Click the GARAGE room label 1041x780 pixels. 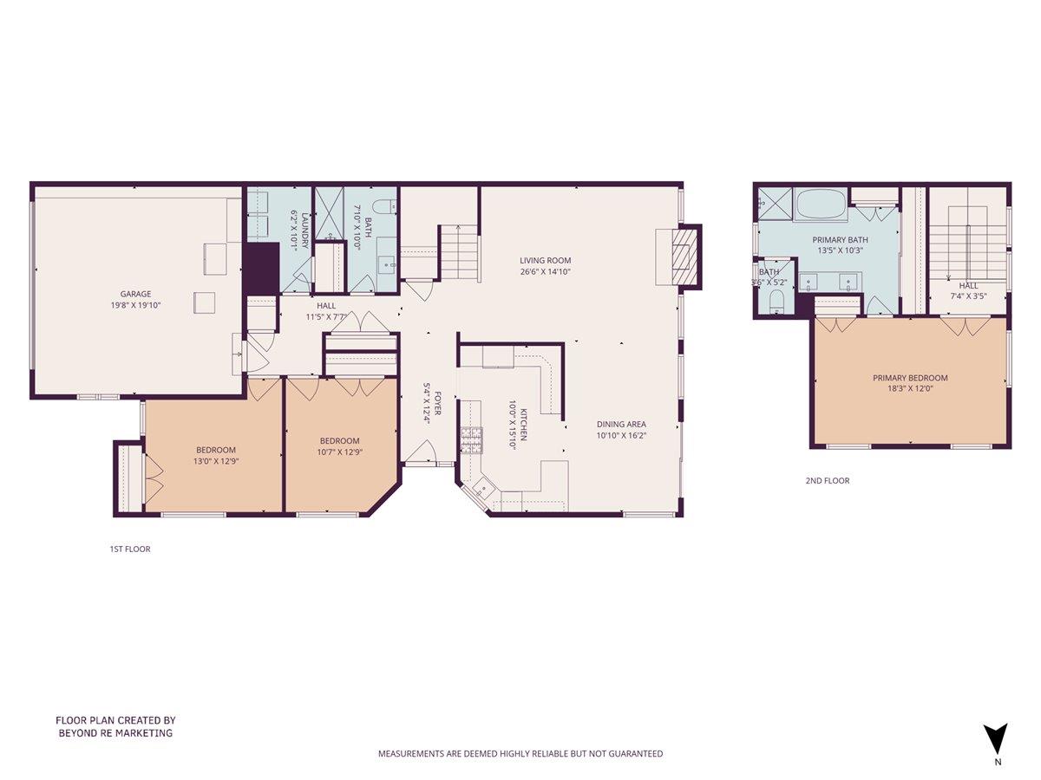coord(135,293)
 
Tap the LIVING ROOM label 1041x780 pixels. coord(546,260)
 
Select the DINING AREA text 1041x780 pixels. coord(621,424)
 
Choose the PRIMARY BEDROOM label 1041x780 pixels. coord(910,378)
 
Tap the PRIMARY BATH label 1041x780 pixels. coord(840,240)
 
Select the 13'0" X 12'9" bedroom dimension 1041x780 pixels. coord(216,461)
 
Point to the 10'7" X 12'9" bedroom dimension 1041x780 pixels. coord(339,452)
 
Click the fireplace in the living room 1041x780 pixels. coord(685,257)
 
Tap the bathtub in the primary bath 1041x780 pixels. coord(821,205)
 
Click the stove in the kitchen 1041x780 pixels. coord(471,439)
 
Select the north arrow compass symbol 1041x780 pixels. coord(997,739)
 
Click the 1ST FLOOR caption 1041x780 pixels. coord(130,549)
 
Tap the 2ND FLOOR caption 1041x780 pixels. coord(828,480)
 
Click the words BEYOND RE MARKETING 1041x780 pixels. coord(115,733)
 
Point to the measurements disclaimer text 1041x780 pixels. coord(520,754)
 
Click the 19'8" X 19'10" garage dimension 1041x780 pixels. coord(135,304)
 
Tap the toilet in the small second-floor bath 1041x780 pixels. coord(777,301)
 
